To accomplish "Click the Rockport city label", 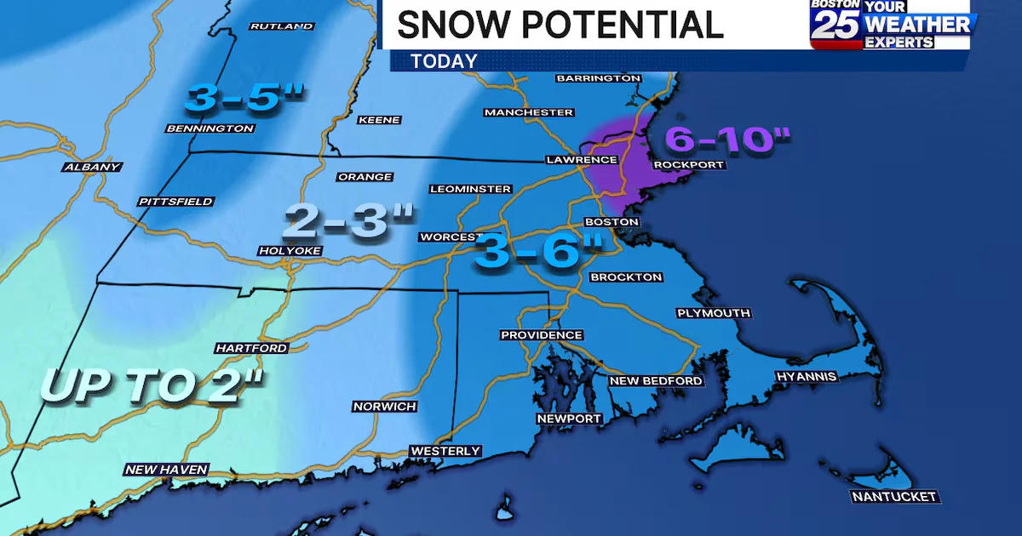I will [688, 164].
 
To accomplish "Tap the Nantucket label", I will [894, 496].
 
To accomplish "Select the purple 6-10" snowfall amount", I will [728, 138].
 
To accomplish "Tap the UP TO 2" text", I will [153, 385].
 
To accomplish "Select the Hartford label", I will [251, 348].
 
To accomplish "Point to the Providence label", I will [542, 335].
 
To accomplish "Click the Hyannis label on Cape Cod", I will [807, 376].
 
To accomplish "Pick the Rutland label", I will [282, 26].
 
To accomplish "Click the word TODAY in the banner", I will [444, 61].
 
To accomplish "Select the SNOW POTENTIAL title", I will [560, 24].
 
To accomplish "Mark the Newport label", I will [569, 419].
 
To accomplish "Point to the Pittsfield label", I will [176, 202].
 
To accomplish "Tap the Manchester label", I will [528, 112].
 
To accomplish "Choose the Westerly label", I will [445, 451].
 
